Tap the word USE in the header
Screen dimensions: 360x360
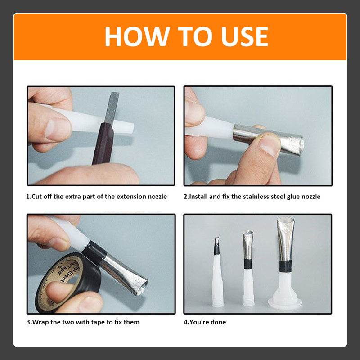coord(244,37)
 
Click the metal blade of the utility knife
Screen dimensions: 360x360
coord(112,108)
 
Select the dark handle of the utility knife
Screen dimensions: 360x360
coord(103,144)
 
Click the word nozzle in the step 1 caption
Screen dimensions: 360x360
coord(157,197)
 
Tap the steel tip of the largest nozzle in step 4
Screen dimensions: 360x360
coord(285,239)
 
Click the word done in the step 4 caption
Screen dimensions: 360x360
coord(218,322)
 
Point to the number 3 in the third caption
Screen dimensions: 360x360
coord(28,322)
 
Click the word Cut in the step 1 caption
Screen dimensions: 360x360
coord(36,197)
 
